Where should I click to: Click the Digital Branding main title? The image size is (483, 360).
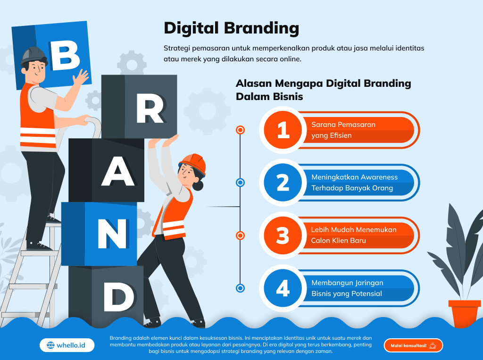231,28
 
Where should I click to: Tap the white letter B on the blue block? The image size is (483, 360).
65,56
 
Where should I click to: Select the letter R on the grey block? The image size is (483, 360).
150,108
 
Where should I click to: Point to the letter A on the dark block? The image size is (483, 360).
118,171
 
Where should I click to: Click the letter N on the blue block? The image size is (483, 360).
112,234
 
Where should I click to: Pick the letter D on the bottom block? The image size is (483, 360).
119,296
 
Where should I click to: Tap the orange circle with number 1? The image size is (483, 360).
283,130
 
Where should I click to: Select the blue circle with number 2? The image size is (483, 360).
283,183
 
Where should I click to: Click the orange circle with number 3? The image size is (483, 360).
283,235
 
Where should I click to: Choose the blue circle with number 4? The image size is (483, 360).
283,288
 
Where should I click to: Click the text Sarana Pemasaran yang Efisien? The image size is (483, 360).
343,130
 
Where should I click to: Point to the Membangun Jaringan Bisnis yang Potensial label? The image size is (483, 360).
347,288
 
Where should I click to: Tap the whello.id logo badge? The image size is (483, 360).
67,345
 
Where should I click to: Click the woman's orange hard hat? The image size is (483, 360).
194,163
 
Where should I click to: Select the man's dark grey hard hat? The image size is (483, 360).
33,56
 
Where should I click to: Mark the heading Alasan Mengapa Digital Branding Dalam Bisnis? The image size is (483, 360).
323,90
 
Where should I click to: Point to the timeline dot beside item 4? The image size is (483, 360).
240,288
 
